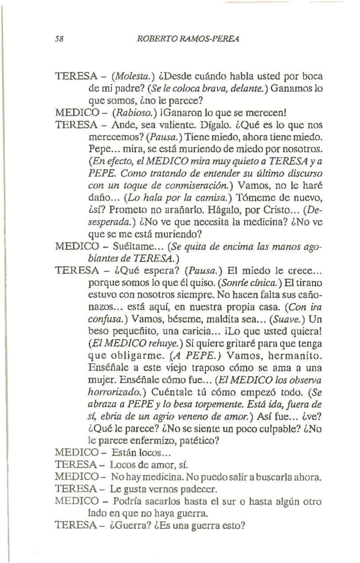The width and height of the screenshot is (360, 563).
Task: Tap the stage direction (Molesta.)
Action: coord(106,76)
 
